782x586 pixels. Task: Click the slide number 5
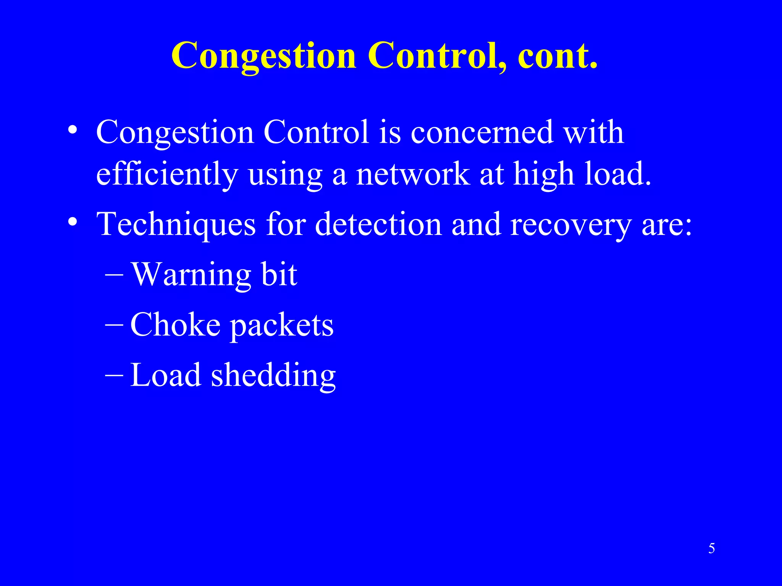(711, 549)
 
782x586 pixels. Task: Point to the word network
(412, 174)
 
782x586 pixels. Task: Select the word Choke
(175, 325)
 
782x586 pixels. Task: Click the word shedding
(273, 375)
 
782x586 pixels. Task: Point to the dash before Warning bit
(114, 275)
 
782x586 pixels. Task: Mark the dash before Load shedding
(114, 375)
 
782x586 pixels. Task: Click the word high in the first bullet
(544, 174)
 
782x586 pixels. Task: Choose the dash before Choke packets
(114, 325)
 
